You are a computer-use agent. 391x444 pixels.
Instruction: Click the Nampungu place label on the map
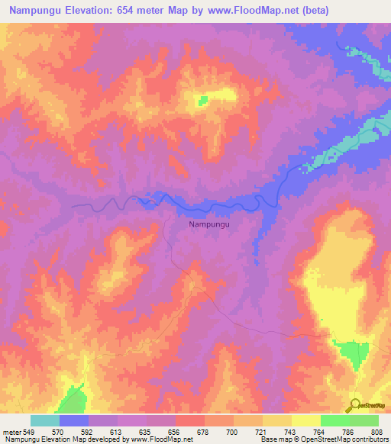tap(209, 225)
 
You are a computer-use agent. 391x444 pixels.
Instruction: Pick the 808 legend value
tap(378, 432)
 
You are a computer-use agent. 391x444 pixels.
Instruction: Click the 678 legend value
tap(203, 432)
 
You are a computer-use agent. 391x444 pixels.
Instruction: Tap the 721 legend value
tap(262, 432)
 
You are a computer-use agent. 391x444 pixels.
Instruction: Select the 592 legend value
tap(87, 432)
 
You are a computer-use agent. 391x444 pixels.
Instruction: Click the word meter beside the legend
tap(11, 432)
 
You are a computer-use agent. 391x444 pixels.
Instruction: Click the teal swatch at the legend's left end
tap(45, 420)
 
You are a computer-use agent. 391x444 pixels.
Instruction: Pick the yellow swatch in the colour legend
tap(306, 420)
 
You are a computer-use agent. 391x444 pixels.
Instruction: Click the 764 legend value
tap(320, 432)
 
